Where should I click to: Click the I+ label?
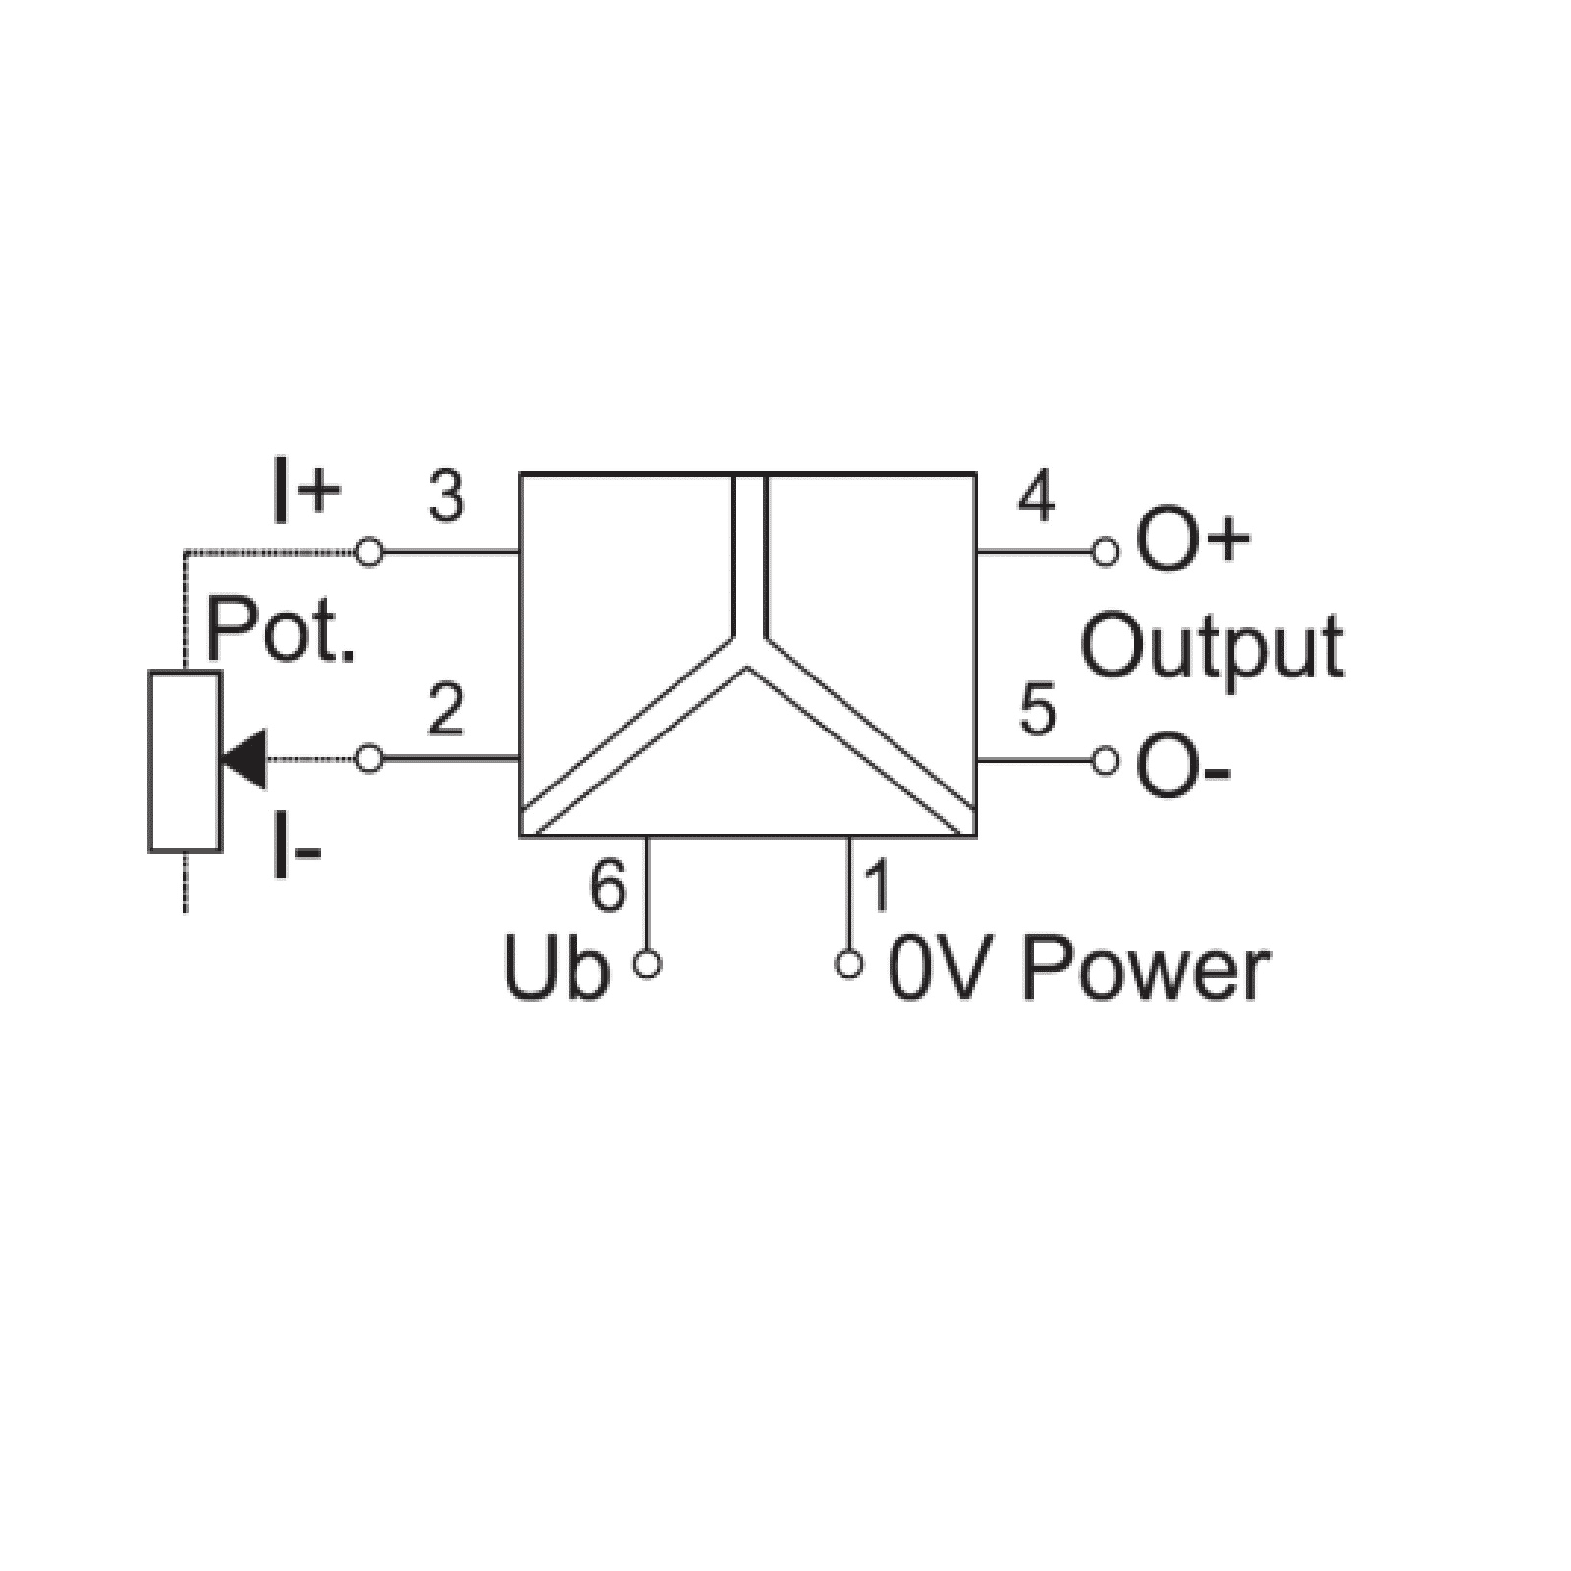tap(305, 495)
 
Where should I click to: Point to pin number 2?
tap(446, 711)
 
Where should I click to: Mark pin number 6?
tap(607, 886)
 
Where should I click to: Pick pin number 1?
tap(877, 886)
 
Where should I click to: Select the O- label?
tap(1183, 765)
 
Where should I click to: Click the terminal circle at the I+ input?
tap(369, 552)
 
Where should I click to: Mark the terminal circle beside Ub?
tap(647, 965)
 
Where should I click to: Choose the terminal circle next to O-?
tap(1106, 760)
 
